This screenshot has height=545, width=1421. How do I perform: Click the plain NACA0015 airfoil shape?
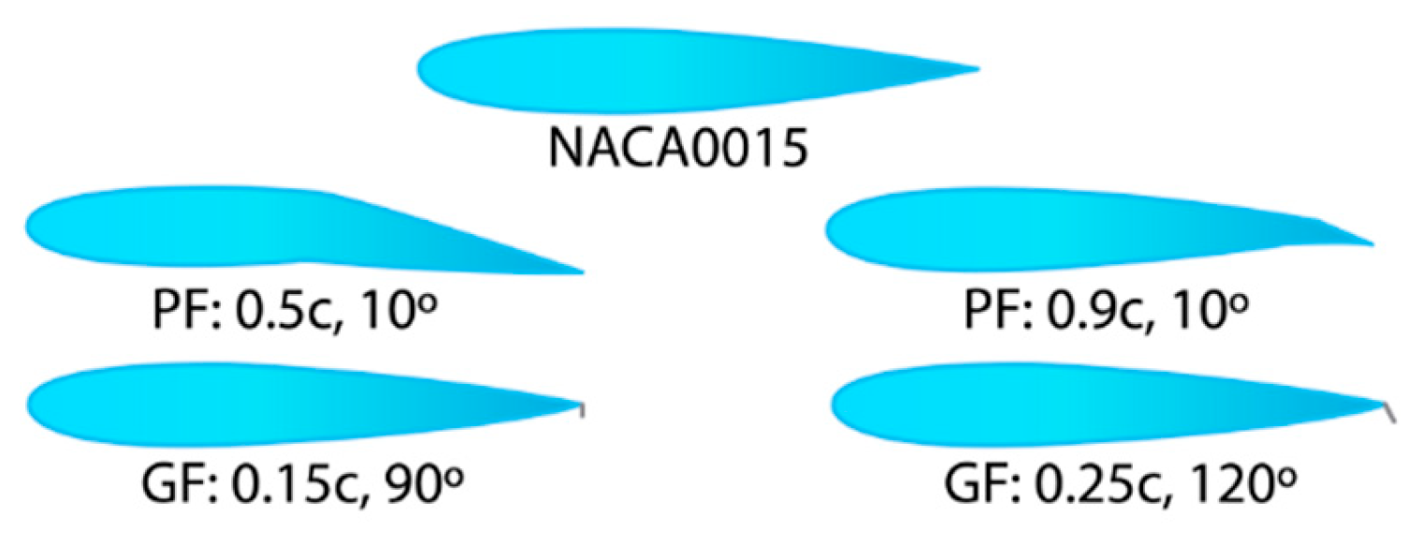pos(655,69)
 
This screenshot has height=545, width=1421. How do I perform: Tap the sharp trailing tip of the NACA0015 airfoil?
pos(976,68)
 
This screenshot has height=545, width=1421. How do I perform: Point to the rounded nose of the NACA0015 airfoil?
pos(423,70)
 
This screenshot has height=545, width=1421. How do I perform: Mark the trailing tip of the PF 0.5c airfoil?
pos(581,272)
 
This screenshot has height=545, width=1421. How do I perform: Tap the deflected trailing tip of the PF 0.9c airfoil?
pos(1370,245)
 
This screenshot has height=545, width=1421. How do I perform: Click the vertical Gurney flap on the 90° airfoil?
pos(582,410)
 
